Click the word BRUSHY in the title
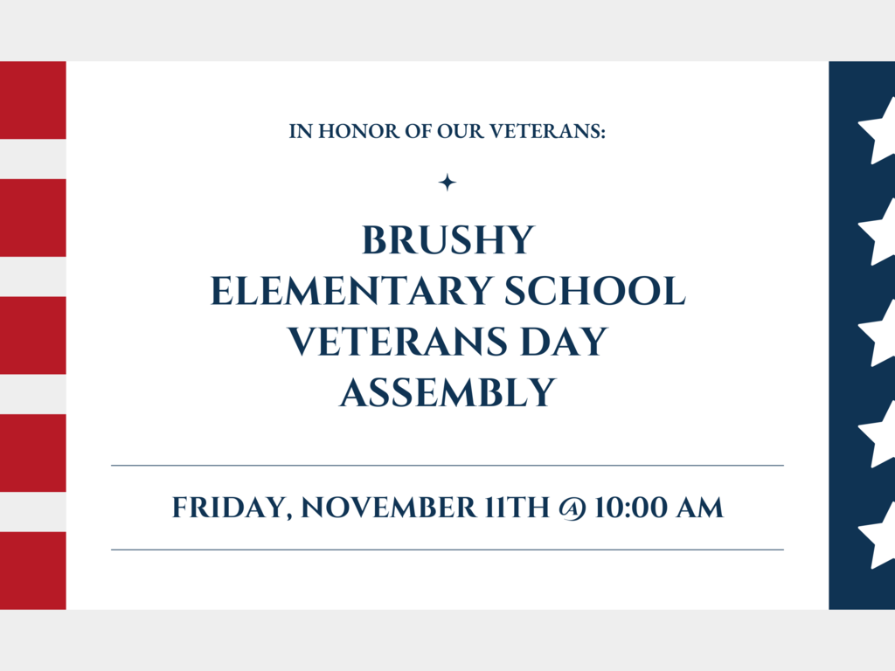tap(448, 240)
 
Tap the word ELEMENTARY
tap(351, 291)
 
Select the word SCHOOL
tap(594, 291)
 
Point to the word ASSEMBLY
tap(448, 392)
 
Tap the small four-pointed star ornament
tap(447, 183)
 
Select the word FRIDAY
tap(232, 508)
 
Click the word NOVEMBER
tap(389, 508)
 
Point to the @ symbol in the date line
tap(572, 508)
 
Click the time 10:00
tap(630, 508)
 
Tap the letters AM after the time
tap(700, 508)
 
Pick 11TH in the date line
tap(517, 508)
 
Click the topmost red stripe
tap(32, 100)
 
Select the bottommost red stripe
tap(32, 571)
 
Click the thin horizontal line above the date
tap(447, 466)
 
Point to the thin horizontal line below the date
tap(447, 550)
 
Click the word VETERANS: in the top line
tap(547, 131)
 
